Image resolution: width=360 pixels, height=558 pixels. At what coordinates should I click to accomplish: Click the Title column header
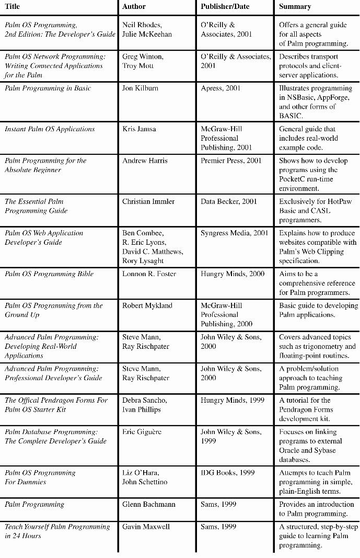pyautogui.click(x=13, y=7)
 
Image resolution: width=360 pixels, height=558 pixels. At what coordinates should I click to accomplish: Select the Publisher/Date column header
pyautogui.click(x=225, y=7)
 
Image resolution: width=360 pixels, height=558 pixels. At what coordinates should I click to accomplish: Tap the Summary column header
pyautogui.click(x=295, y=7)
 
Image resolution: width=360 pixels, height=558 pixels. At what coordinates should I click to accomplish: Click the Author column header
pyautogui.click(x=134, y=7)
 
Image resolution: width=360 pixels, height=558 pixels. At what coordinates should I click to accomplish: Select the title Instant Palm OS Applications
pyautogui.click(x=50, y=129)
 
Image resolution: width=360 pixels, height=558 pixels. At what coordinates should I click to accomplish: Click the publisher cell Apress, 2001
pyautogui.click(x=220, y=88)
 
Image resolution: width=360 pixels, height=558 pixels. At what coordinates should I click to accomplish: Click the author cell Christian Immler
pyautogui.click(x=148, y=201)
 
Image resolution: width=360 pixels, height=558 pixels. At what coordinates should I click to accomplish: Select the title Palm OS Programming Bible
pyautogui.click(x=49, y=274)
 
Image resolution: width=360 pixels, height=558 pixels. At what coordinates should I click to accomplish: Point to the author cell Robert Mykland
pyautogui.click(x=147, y=305)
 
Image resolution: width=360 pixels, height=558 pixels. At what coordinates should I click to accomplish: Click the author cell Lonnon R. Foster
pyautogui.click(x=149, y=274)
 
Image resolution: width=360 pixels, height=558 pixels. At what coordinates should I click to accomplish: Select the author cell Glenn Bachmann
pyautogui.click(x=149, y=505)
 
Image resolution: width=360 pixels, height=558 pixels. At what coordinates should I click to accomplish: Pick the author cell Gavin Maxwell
pyautogui.click(x=146, y=527)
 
